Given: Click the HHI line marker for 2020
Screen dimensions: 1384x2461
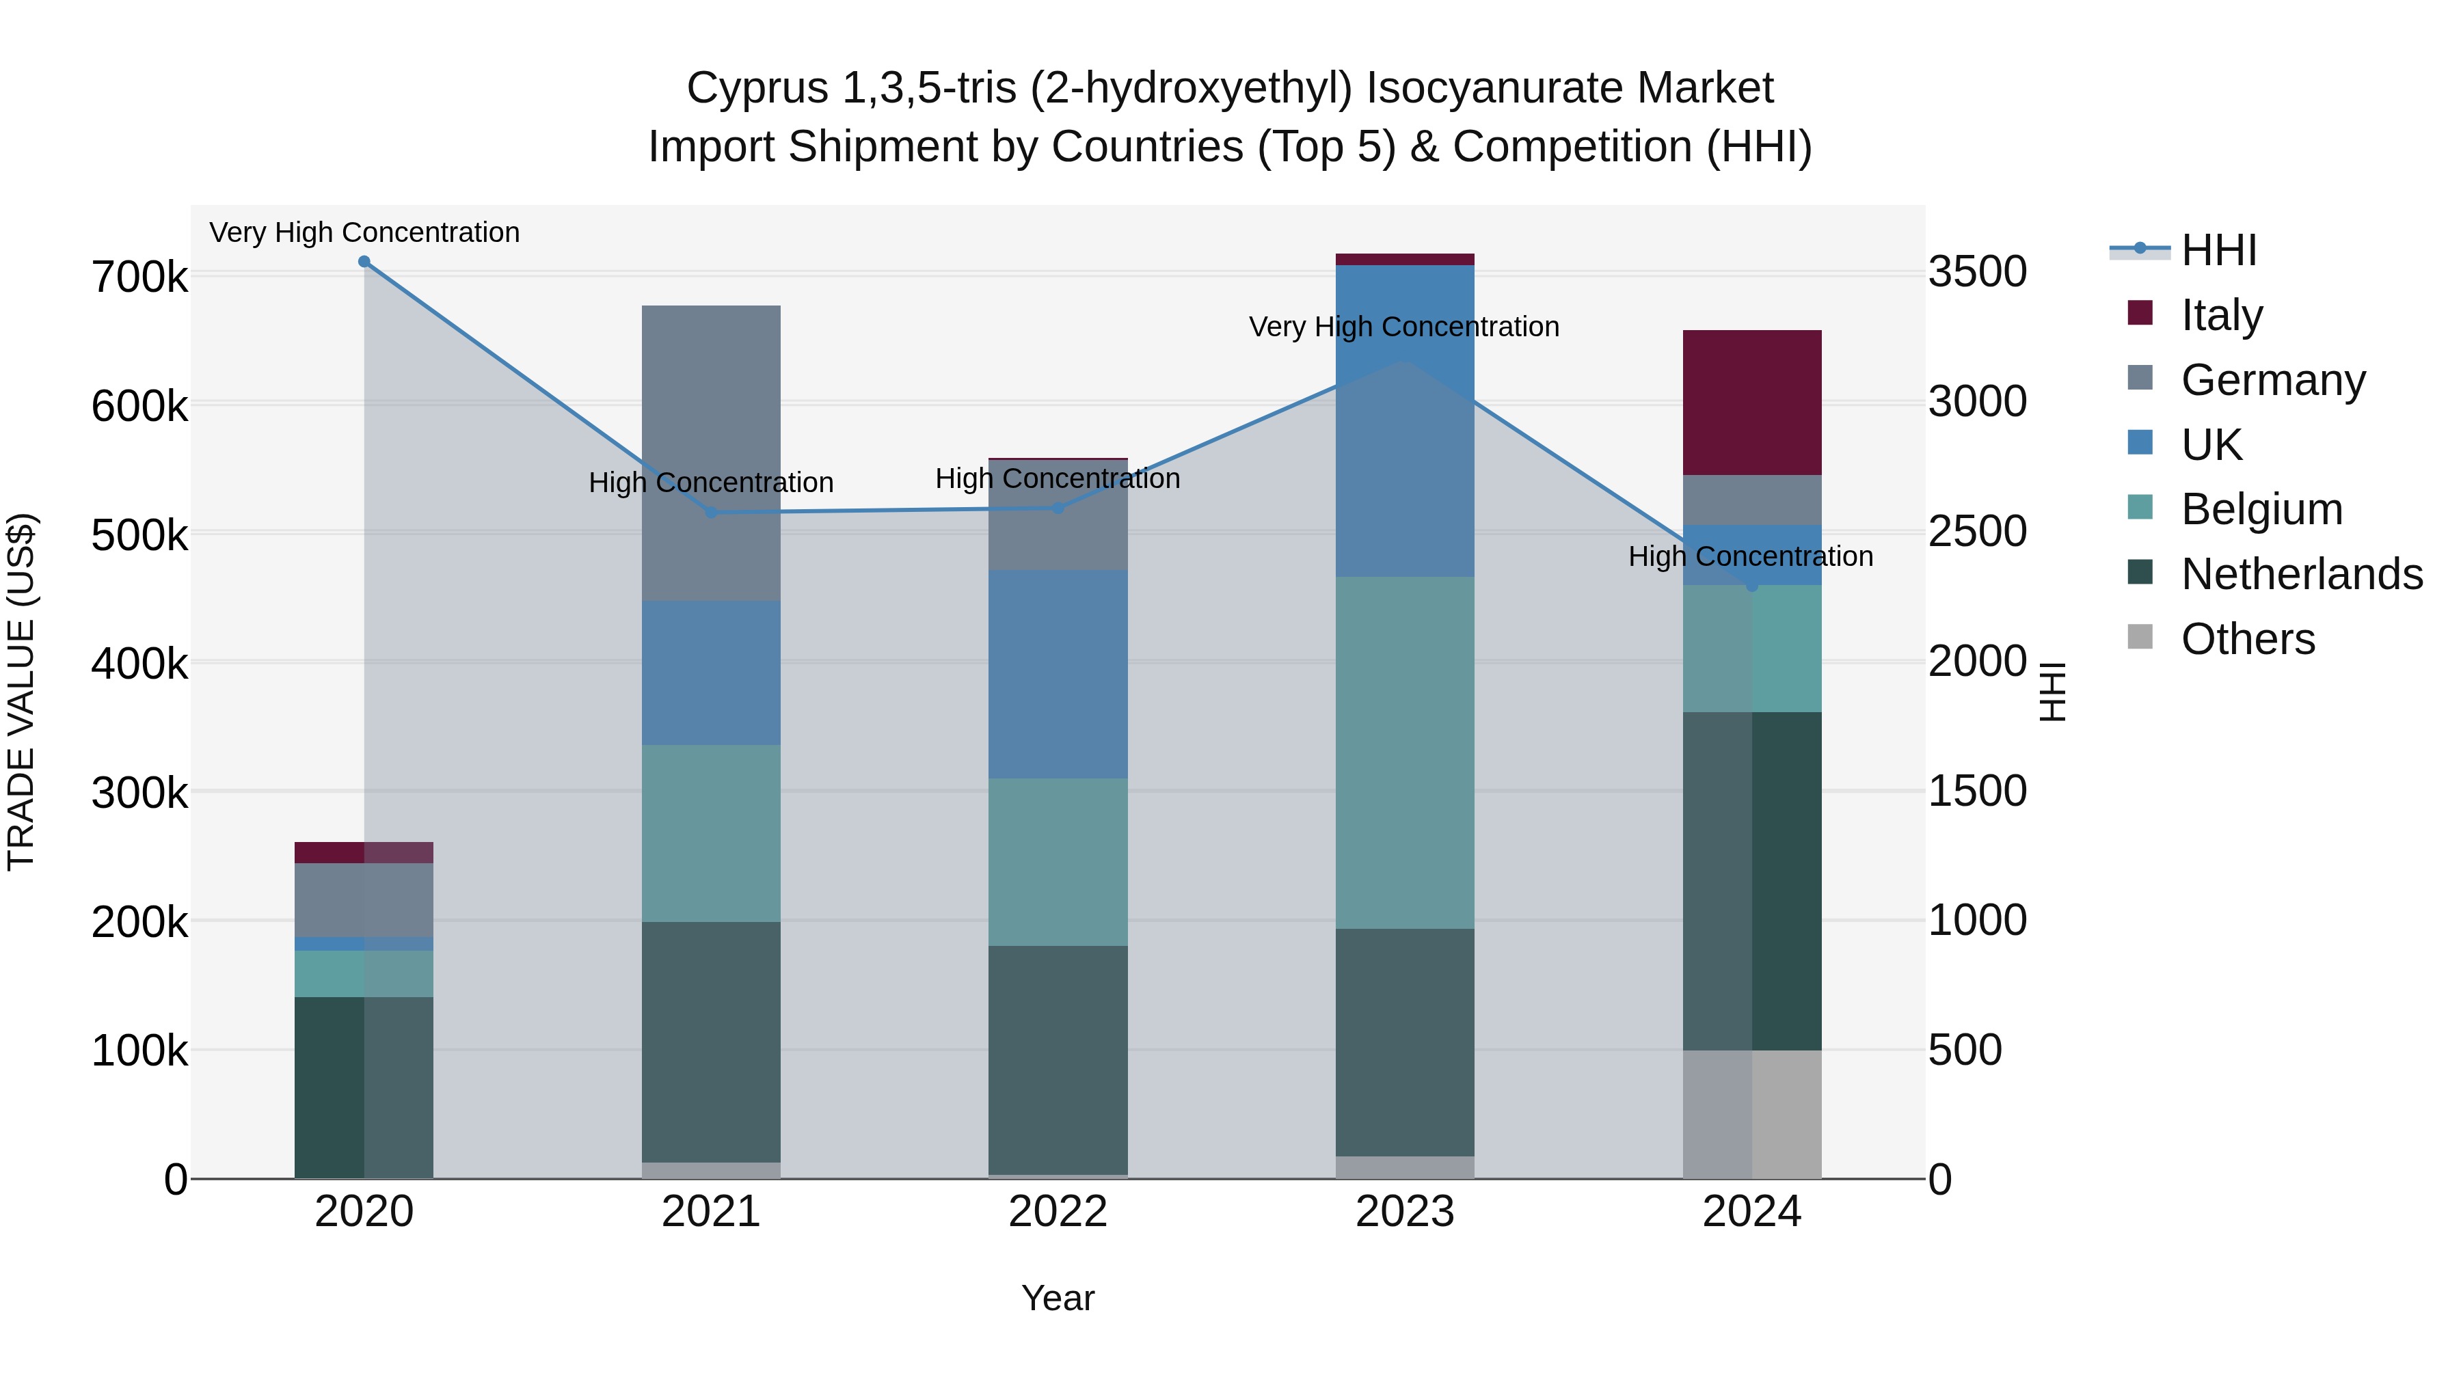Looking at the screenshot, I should (x=364, y=262).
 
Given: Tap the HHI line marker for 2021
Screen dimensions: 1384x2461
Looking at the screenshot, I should (x=711, y=513).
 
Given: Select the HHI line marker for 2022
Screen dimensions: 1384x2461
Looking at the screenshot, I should (x=1058, y=508).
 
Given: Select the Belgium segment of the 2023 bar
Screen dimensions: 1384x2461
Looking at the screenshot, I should (x=1404, y=752).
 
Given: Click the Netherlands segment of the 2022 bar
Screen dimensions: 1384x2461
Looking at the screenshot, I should (x=1058, y=1059).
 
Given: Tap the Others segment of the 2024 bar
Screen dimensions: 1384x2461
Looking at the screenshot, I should (x=1751, y=1114).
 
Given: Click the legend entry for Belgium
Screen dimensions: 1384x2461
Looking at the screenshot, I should (x=2261, y=509).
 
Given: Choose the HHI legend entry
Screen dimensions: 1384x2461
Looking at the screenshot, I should (x=2218, y=250).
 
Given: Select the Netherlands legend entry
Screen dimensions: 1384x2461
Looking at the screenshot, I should (x=2300, y=574).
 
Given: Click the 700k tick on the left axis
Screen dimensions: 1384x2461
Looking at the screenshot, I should (x=139, y=278).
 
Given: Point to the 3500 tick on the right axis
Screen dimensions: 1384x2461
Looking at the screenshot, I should (x=1976, y=272).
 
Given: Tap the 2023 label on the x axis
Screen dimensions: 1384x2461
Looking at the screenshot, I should (x=1404, y=1212).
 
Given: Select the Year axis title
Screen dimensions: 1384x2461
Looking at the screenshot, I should (x=1058, y=1298).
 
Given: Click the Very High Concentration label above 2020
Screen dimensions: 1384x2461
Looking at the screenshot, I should (x=364, y=232).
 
